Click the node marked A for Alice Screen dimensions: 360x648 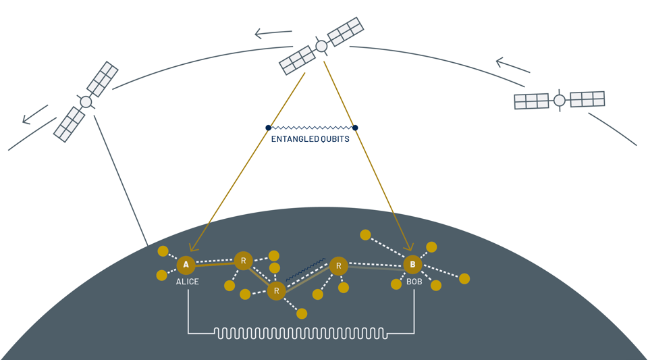coord(186,265)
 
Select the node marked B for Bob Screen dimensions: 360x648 coord(412,265)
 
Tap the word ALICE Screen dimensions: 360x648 coord(188,282)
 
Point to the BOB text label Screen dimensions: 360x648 coord(414,282)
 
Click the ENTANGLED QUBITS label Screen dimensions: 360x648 coord(310,140)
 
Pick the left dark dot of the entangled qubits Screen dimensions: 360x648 coord(269,128)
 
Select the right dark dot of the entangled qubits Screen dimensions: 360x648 coord(355,128)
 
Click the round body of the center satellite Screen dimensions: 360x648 coord(322,47)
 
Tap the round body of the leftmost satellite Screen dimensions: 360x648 coord(86,102)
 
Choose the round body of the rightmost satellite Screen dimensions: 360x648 coord(560,101)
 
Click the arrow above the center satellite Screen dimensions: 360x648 coord(273,33)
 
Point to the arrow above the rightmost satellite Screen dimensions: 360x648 coord(513,66)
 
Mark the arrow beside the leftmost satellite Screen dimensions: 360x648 coord(35,114)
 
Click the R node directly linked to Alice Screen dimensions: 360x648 coord(243,260)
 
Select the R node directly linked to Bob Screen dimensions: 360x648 coord(339,266)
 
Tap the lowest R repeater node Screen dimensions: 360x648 coord(276,291)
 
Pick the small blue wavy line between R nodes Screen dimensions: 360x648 coord(306,269)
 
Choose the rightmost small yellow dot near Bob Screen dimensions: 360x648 coord(464,278)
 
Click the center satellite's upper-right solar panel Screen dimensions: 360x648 coord(346,31)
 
